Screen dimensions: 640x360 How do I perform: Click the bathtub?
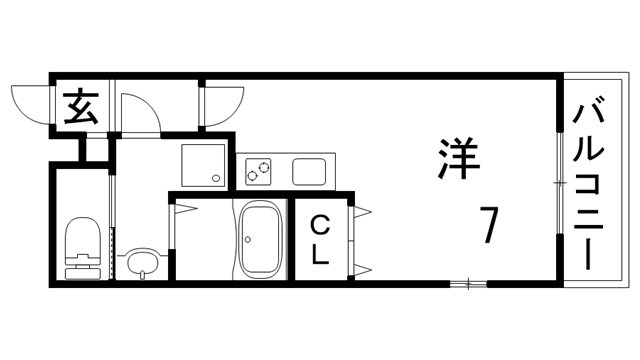[x=262, y=240]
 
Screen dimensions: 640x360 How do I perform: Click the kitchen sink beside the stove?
[x=310, y=171]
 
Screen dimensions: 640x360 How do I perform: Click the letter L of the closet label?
[x=319, y=254]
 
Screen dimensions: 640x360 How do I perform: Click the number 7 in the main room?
[x=488, y=225]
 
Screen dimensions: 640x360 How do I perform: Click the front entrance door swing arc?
[x=30, y=104]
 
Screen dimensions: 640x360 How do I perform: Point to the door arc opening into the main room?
[x=222, y=103]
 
